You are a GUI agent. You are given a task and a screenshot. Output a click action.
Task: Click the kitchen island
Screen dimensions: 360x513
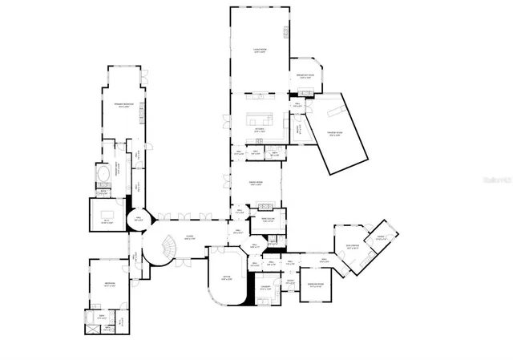point(261,119)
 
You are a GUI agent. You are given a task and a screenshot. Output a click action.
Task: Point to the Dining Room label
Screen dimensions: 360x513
point(256,184)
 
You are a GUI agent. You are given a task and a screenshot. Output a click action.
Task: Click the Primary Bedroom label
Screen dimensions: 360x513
point(122,105)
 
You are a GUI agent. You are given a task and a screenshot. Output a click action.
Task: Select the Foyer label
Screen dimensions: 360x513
point(190,237)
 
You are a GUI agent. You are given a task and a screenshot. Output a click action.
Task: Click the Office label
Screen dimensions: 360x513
point(228,278)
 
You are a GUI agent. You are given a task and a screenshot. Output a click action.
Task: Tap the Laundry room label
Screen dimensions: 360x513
point(265,288)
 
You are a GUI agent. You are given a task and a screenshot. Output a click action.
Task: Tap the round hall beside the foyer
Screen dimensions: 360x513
point(138,218)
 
